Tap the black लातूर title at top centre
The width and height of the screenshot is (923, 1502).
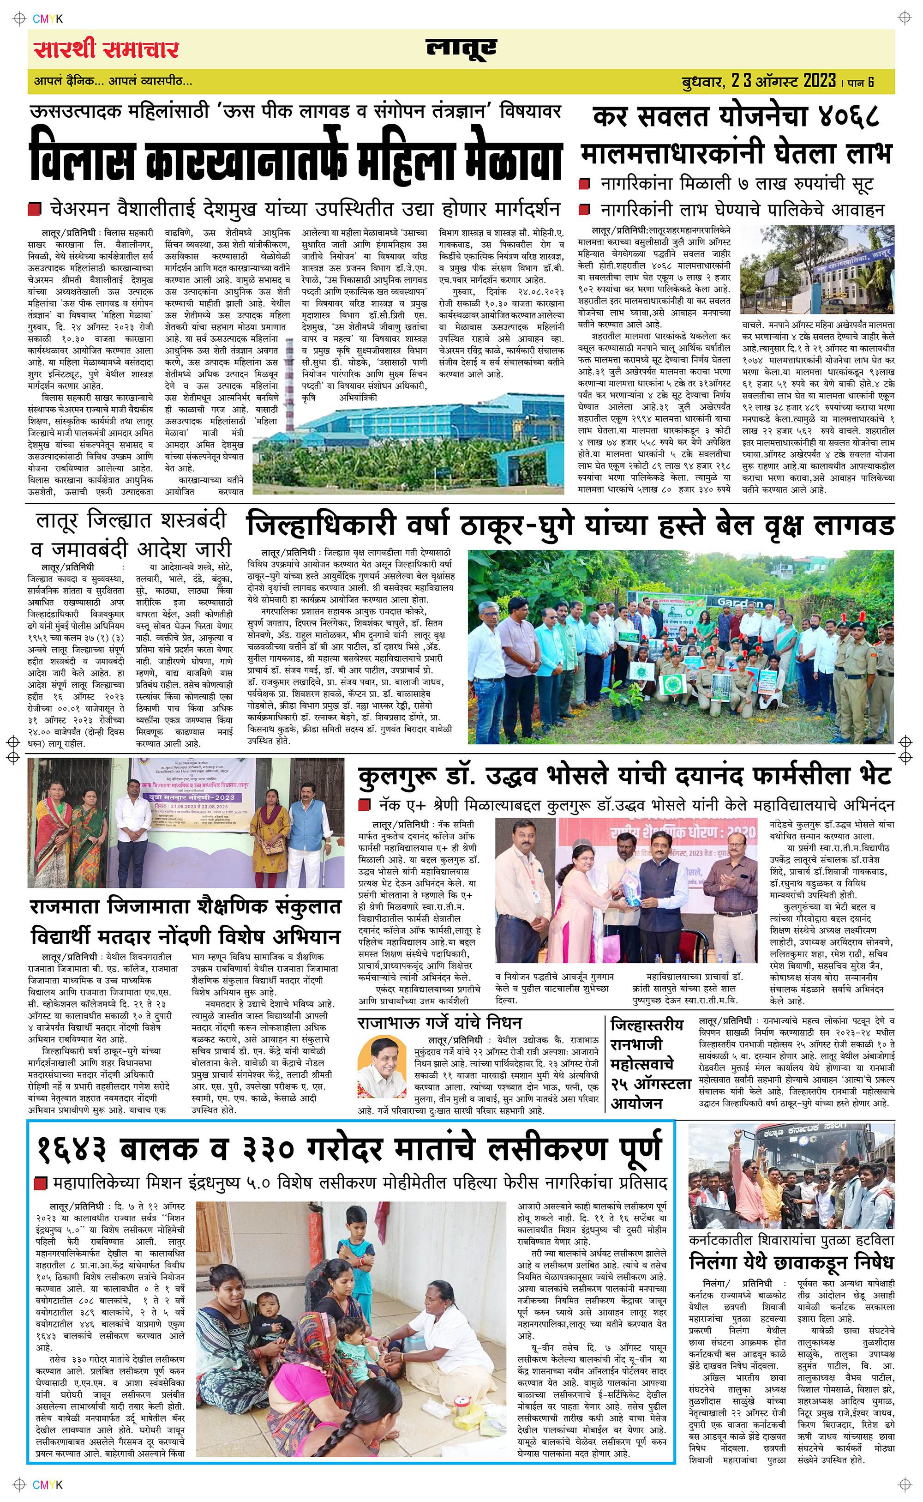(x=461, y=49)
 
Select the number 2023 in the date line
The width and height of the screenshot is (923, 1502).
(x=819, y=80)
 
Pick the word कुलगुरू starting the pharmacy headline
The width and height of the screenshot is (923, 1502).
(x=396, y=777)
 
